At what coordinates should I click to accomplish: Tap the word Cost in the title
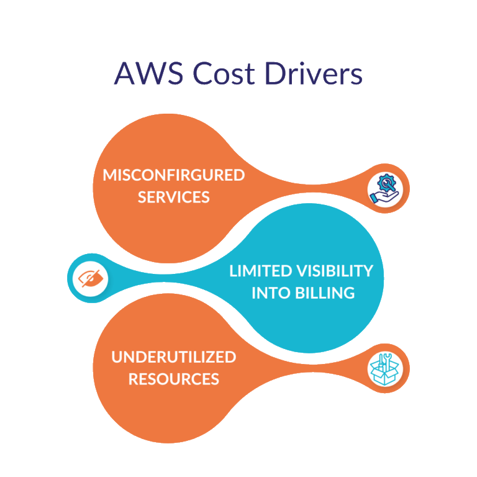pos(224,73)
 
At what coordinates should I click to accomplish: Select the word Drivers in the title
pos(314,73)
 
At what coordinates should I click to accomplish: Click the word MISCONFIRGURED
pos(174,175)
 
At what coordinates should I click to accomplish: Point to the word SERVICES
pos(174,197)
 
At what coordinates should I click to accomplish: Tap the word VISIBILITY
pos(335,271)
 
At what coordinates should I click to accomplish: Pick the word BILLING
pos(326,293)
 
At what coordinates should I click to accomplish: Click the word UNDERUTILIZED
pos(174,357)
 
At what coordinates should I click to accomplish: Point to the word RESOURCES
pos(174,379)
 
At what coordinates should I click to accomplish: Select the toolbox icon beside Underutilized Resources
pos(384,368)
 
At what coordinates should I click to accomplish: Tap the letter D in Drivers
pos(276,73)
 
